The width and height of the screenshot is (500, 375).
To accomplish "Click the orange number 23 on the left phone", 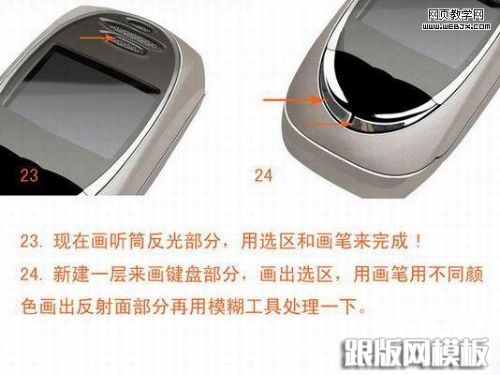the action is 29,175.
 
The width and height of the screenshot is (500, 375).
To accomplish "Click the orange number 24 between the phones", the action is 264,175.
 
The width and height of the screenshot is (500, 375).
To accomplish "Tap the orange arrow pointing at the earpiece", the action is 97,38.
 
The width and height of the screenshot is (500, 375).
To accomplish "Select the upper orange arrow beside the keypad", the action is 295,100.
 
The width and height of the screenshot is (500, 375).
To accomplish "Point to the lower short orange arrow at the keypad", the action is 330,124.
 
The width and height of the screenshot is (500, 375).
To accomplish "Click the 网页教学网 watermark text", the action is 456,14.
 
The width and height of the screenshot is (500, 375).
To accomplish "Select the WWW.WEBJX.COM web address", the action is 456,26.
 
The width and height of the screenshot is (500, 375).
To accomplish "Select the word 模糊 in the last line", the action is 226,307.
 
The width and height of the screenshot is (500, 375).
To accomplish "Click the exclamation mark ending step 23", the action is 419,241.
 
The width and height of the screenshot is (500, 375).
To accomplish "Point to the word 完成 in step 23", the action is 390,241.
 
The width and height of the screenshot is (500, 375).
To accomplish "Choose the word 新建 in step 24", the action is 71,274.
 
